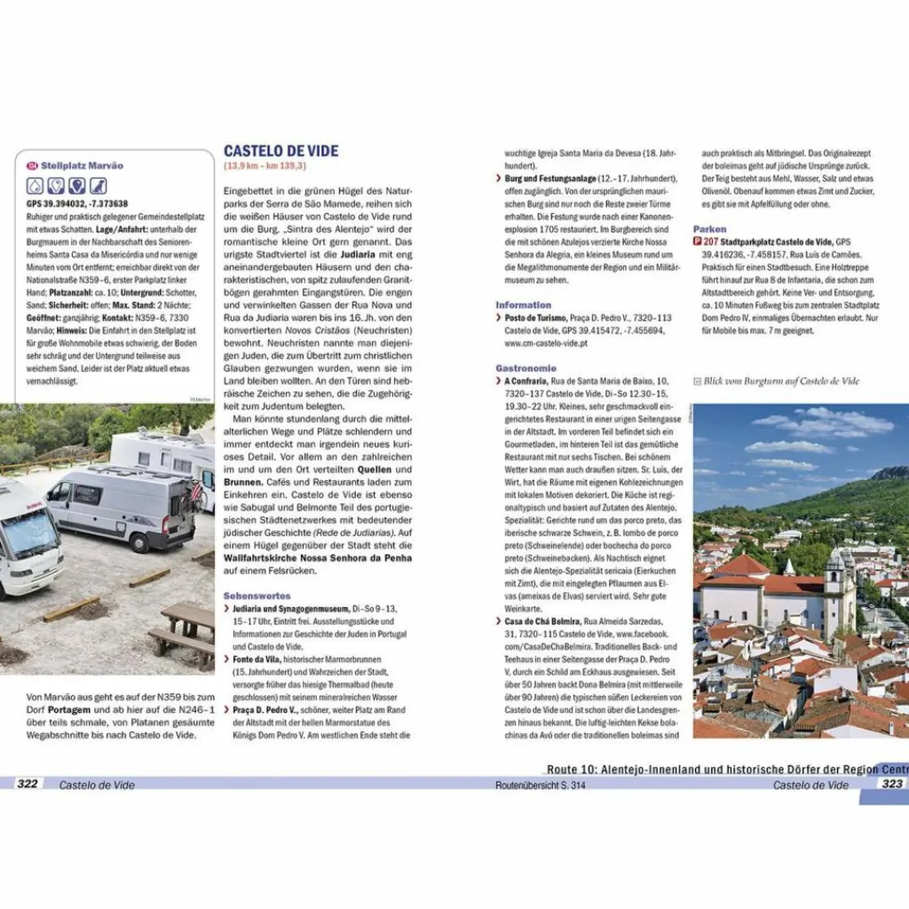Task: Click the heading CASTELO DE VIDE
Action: [x=281, y=151]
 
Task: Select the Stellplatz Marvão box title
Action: [x=82, y=165]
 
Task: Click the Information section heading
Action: [x=524, y=304]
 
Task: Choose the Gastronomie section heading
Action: [x=526, y=368]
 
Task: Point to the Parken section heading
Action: [x=710, y=228]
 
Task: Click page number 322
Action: [x=28, y=784]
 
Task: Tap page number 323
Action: [x=890, y=784]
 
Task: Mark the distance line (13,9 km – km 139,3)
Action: [x=265, y=166]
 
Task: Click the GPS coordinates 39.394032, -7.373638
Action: [x=77, y=203]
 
